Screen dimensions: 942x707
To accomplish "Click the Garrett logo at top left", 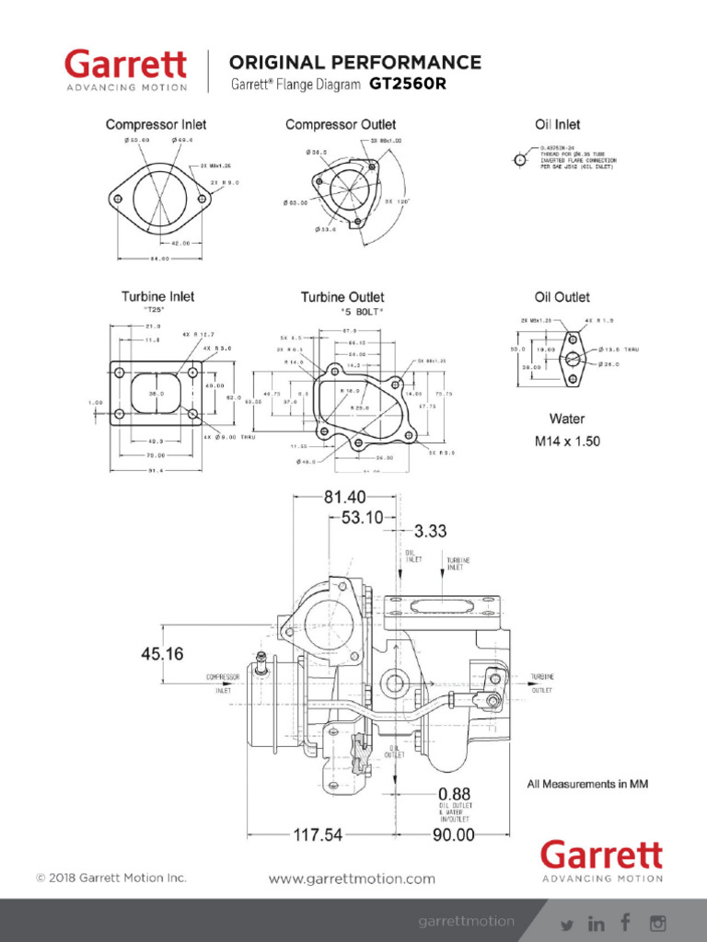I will click(125, 70).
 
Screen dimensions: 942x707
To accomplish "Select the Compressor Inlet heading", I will click(156, 124).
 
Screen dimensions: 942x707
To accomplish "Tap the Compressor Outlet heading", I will click(341, 124).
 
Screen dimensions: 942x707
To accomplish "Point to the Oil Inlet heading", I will click(558, 124).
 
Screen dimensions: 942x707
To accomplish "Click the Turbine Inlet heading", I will click(157, 297).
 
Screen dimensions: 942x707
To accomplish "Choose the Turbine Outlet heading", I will click(342, 297).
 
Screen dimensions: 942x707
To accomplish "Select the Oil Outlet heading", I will click(562, 297).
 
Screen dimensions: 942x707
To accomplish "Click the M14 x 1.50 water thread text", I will click(567, 442).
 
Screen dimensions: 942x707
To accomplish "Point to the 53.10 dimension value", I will click(362, 518).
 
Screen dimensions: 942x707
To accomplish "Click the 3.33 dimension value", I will click(431, 531).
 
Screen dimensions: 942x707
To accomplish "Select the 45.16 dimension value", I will click(163, 654).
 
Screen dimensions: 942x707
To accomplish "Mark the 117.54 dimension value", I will click(318, 835).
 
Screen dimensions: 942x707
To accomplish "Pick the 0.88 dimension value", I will click(455, 793).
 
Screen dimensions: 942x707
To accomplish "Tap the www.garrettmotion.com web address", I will click(352, 879).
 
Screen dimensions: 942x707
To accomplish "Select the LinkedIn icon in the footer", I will click(597, 923).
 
